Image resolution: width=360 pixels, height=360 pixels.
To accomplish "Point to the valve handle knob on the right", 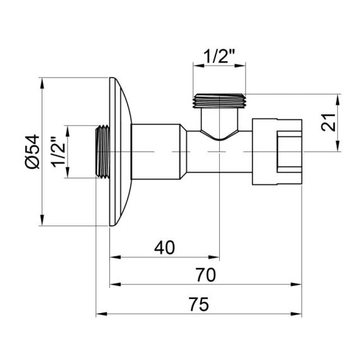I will click(x=278, y=152).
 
